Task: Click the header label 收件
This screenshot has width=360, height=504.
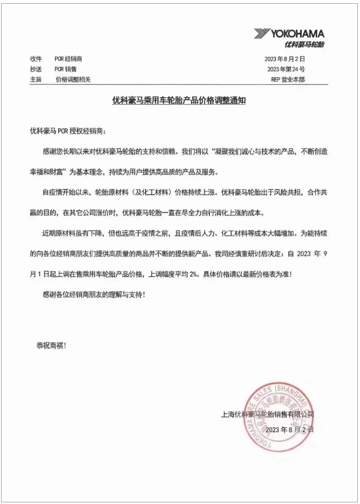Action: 36,59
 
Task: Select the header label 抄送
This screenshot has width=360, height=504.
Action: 36,69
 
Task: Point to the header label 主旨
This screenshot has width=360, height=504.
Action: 36,79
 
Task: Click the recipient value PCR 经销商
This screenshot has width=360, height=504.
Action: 68,59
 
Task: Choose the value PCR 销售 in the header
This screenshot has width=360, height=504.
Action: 65,69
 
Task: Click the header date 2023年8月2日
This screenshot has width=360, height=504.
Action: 286,59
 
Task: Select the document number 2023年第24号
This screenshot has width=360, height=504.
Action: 286,69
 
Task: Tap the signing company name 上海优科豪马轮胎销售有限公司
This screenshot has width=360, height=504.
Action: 268,414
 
